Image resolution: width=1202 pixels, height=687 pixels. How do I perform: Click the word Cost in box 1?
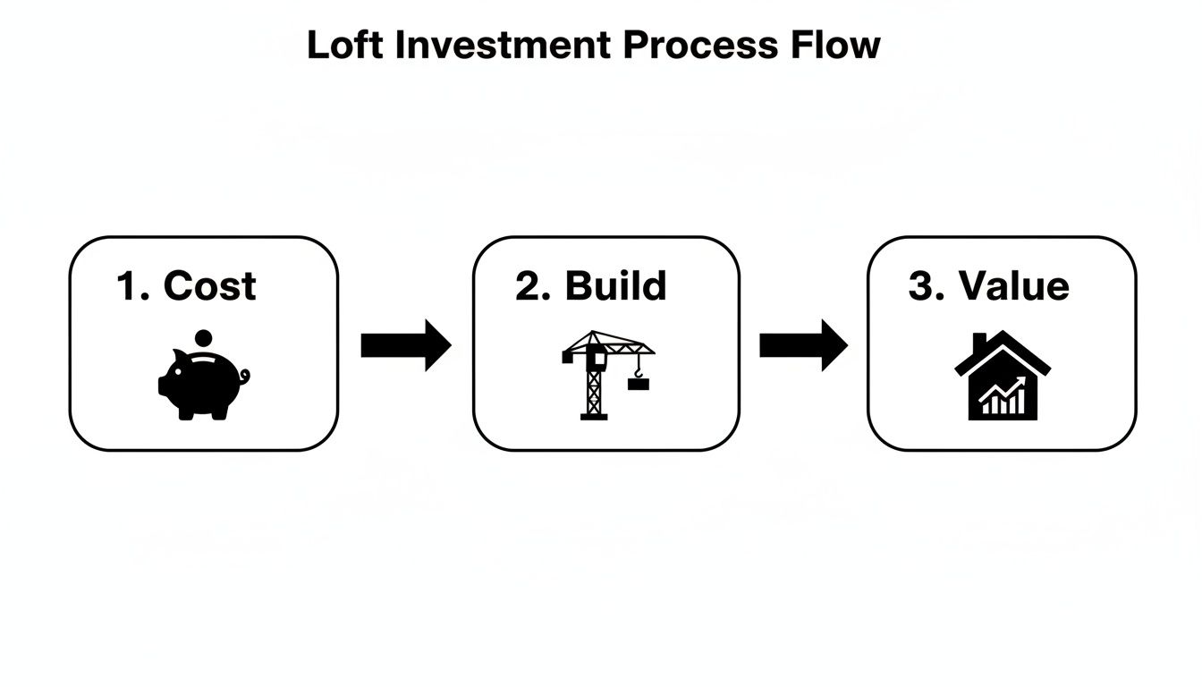210,286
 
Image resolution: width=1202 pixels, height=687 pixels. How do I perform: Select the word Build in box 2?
616,285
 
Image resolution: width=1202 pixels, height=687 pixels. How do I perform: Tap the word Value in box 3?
1013,286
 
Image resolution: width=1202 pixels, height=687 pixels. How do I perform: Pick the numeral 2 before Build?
529,286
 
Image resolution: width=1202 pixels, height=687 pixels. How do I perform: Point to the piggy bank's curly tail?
244,377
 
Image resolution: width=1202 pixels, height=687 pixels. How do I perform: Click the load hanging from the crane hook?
639,384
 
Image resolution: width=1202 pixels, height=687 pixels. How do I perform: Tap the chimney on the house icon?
979,343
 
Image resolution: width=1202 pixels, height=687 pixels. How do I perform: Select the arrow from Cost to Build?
405,344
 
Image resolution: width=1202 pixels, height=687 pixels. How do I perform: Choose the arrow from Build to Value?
803,344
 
